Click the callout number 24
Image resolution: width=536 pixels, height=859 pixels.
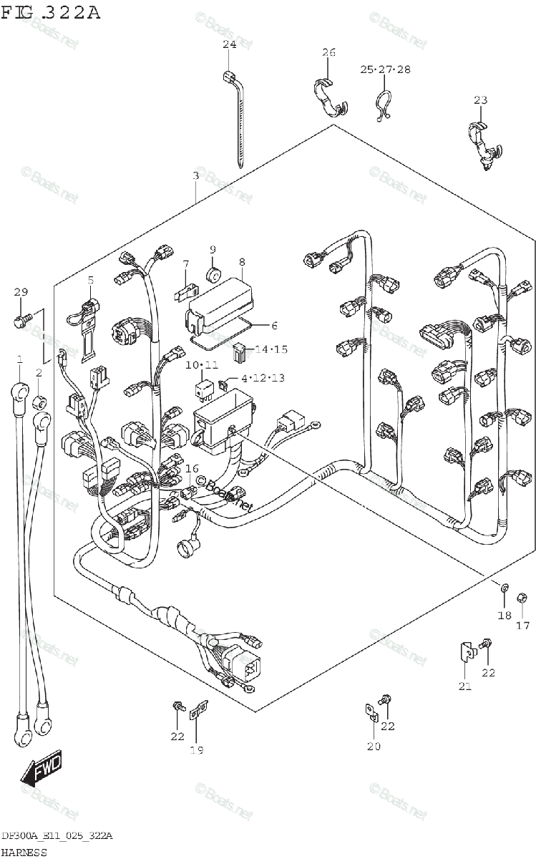point(229,44)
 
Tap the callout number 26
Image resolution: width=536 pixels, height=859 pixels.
point(328,52)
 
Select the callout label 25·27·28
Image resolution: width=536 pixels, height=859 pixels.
point(385,69)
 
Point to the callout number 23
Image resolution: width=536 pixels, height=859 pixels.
point(480,100)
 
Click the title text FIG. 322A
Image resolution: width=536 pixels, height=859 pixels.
point(51,12)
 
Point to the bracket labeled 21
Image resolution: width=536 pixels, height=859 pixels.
point(464,653)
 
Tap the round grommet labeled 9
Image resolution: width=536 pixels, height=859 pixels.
point(213,274)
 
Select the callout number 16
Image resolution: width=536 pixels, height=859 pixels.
point(191,468)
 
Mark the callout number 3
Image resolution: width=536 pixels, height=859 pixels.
point(195,175)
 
